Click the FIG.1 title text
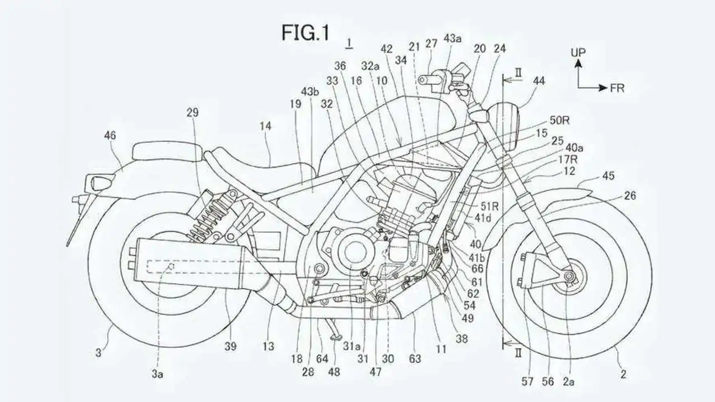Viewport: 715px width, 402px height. [x=306, y=33]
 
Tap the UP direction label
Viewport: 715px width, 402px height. [x=578, y=52]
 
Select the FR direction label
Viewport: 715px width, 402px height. [x=617, y=88]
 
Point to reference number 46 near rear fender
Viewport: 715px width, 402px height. [x=110, y=136]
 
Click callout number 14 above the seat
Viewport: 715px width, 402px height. [x=265, y=126]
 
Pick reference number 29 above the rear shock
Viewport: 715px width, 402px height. [x=193, y=112]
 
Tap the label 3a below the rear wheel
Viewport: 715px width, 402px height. [x=157, y=374]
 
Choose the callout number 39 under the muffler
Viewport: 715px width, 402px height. [x=230, y=346]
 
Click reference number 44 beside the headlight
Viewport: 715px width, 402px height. [x=539, y=81]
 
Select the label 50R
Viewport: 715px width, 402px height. [x=559, y=120]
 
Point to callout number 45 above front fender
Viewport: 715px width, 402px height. [x=608, y=175]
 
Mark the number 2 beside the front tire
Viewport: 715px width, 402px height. [x=623, y=374]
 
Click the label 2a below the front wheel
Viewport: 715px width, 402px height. [x=568, y=381]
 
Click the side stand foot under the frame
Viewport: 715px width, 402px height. [x=335, y=336]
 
